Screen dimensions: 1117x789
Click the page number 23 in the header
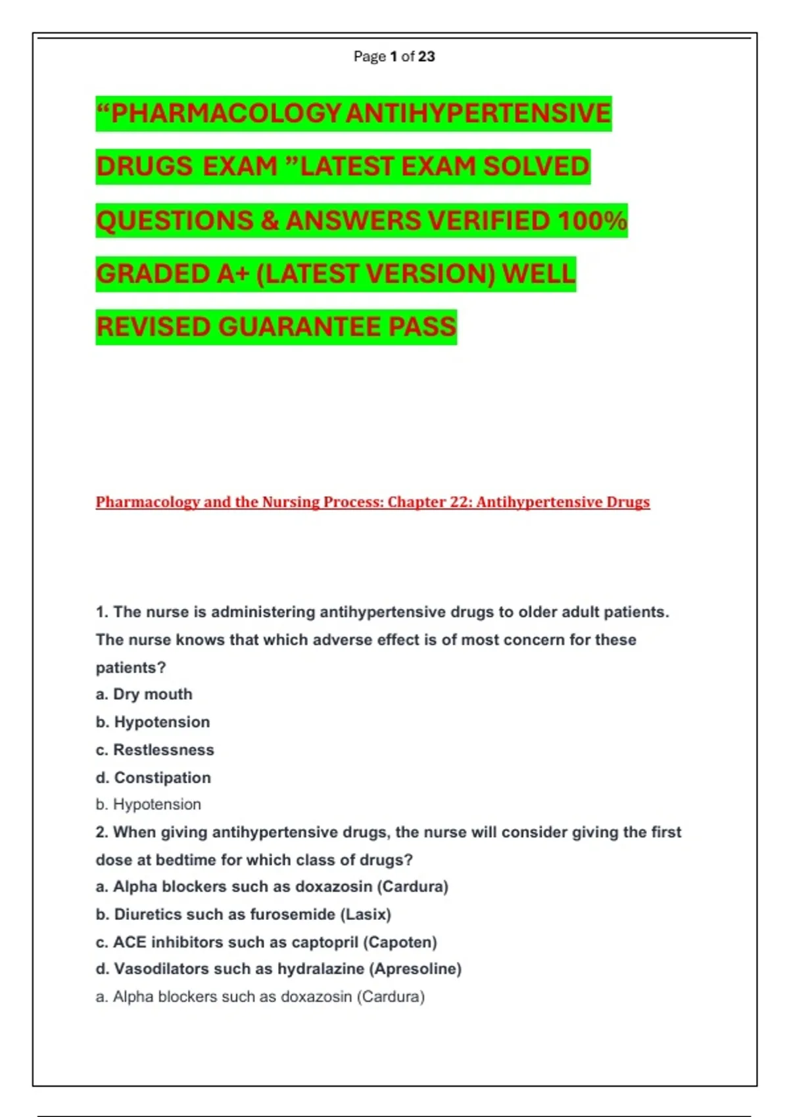pyautogui.click(x=426, y=57)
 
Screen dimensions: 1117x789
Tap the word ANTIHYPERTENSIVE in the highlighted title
pyautogui.click(x=478, y=114)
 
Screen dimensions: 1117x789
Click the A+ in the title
pyautogui.click(x=233, y=274)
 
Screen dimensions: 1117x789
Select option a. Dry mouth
pyautogui.click(x=144, y=695)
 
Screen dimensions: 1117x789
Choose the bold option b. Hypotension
pyautogui.click(x=153, y=722)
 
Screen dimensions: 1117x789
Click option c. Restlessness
pyautogui.click(x=155, y=750)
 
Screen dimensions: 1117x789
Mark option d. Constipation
pyautogui.click(x=153, y=778)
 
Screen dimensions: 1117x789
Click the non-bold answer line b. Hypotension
pyautogui.click(x=149, y=804)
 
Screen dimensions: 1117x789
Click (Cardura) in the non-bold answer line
pyautogui.click(x=391, y=997)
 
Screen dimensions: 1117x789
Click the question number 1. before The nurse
pyautogui.click(x=102, y=612)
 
